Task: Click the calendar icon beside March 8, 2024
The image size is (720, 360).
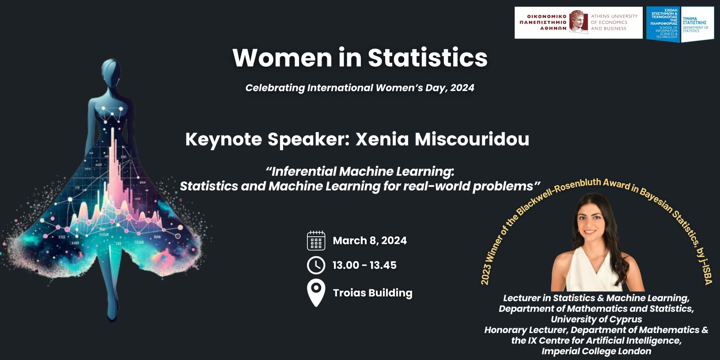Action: pos(316,240)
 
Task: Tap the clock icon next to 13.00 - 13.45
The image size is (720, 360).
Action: pos(316,265)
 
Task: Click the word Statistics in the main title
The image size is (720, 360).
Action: pos(428,58)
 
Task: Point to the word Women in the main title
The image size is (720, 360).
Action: pos(282,58)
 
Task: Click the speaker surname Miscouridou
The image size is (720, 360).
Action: pos(472,139)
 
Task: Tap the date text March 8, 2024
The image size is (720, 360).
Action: pos(370,240)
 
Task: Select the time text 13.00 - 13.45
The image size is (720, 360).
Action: pos(364,265)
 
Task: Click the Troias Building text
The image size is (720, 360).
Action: pos(372,293)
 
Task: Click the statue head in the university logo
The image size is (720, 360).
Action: pos(579,22)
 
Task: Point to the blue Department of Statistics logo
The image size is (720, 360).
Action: pos(679,24)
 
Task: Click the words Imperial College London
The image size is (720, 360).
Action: pos(596,351)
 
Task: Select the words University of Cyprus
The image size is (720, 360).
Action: pos(596,319)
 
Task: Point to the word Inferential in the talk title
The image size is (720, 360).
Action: pos(302,172)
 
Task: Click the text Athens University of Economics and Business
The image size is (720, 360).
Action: pos(614,22)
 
